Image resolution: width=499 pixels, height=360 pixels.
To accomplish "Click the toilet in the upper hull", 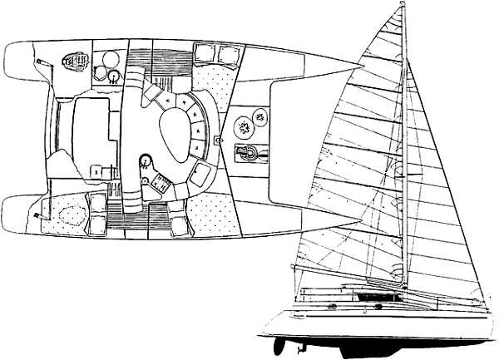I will pyautogui.click(x=76, y=60).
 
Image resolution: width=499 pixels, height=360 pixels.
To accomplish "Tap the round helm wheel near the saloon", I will pyautogui.click(x=146, y=160).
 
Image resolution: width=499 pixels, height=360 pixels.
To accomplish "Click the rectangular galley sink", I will pyautogui.click(x=200, y=173).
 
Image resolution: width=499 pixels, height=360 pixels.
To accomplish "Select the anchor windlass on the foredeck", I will pyautogui.click(x=249, y=152).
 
